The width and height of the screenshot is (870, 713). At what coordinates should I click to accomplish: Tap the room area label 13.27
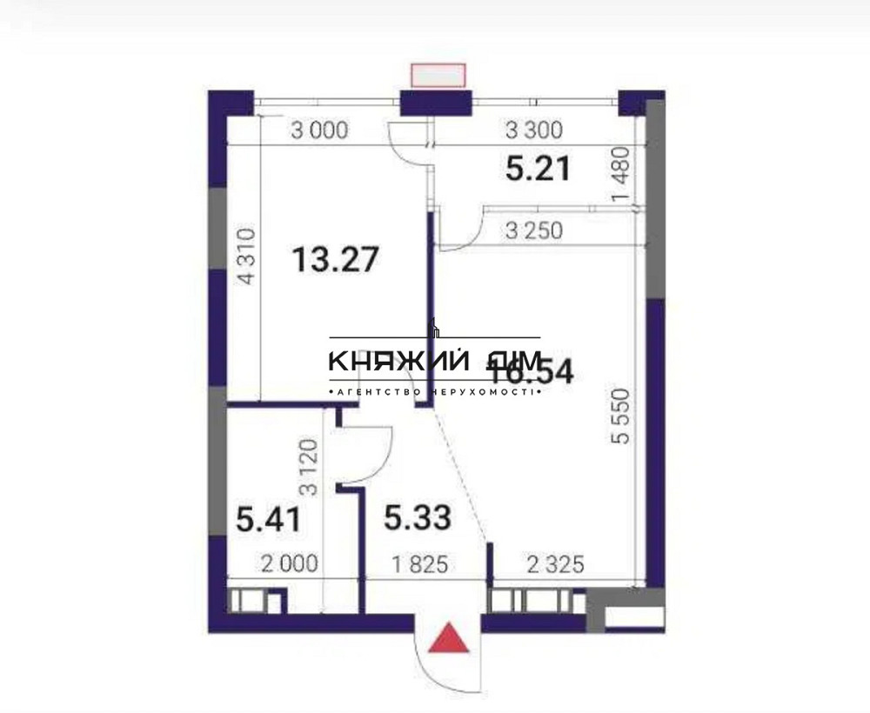click(x=335, y=259)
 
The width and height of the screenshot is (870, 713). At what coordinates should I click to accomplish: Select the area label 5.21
click(x=538, y=168)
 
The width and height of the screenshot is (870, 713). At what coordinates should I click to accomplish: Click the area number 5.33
click(x=418, y=518)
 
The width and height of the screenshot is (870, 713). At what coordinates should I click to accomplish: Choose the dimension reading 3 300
click(x=534, y=131)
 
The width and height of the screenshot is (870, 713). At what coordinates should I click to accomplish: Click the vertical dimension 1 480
click(x=620, y=178)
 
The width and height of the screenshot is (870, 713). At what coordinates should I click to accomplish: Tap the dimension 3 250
click(x=534, y=231)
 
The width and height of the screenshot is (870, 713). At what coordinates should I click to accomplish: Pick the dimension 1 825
click(x=418, y=564)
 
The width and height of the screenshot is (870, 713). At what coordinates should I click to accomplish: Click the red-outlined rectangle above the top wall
click(x=438, y=76)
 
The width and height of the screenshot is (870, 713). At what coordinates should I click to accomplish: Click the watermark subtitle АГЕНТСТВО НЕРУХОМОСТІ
click(x=435, y=393)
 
